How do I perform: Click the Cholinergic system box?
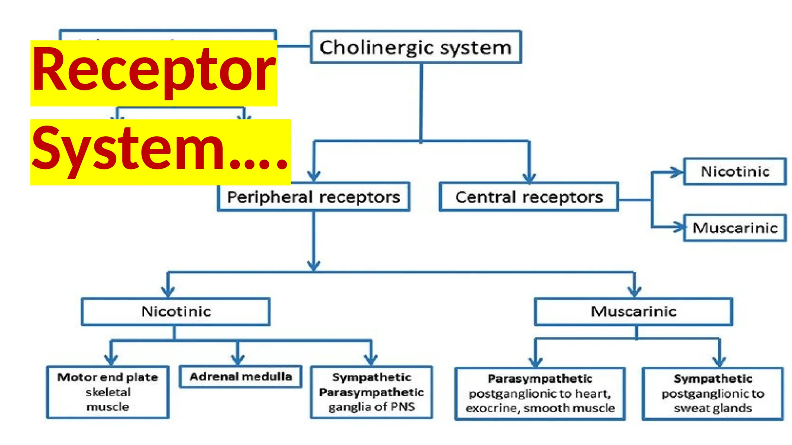[x=416, y=47]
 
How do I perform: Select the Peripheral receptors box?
[x=313, y=197]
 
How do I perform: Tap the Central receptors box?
[x=529, y=197]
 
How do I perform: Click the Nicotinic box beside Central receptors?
[x=735, y=172]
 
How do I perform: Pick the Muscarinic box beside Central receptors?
[x=735, y=228]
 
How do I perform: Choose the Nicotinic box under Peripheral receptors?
[x=176, y=311]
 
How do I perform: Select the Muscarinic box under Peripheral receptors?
[x=633, y=311]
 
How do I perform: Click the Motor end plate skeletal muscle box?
[x=108, y=392]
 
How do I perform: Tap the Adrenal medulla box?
[x=241, y=377]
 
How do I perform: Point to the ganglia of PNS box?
[x=371, y=392]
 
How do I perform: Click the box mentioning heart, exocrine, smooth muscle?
[x=540, y=393]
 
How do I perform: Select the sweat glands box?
[x=712, y=393]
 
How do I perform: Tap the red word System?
[x=128, y=149]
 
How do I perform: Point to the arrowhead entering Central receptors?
[x=529, y=178]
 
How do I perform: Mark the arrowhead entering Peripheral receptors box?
[x=314, y=177]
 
